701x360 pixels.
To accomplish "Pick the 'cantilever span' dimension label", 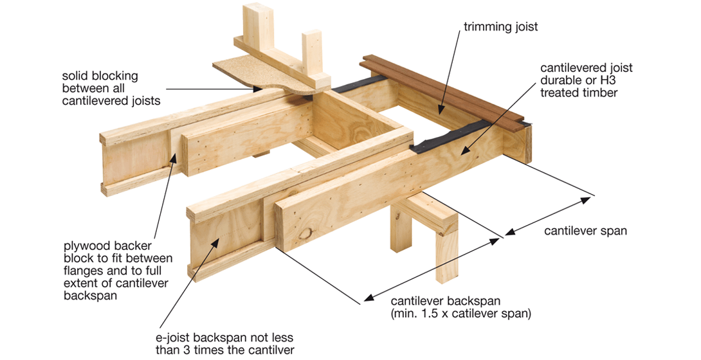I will [x=585, y=231].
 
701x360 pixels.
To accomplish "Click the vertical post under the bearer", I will [x=444, y=251].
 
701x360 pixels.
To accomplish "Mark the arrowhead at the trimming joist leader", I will [x=439, y=111].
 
